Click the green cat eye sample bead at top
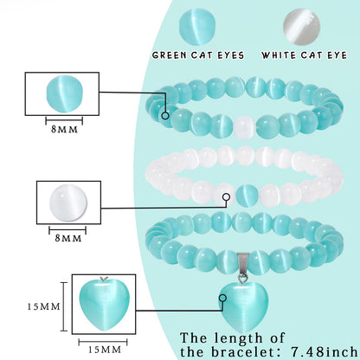[x=197, y=27]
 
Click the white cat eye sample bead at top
[x=302, y=27]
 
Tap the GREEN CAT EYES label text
[x=198, y=55]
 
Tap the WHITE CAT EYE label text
[x=304, y=55]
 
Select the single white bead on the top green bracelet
[x=245, y=126]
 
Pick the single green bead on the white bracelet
[x=247, y=196]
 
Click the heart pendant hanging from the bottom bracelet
[x=245, y=307]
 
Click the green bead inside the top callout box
[x=65, y=93]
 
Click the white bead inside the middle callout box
[x=68, y=202]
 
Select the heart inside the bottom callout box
[x=104, y=305]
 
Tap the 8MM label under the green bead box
[x=64, y=129]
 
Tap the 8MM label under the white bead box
[x=68, y=238]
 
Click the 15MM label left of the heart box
[x=44, y=306]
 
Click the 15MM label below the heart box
[x=105, y=350]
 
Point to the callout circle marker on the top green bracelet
[x=165, y=116]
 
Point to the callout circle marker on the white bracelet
[x=227, y=197]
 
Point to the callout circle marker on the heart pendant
[x=222, y=298]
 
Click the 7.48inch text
[x=324, y=351]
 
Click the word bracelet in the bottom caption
[x=242, y=351]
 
